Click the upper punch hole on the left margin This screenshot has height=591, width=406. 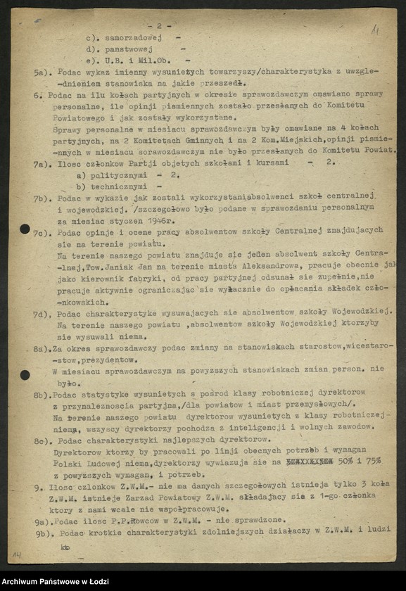pos(25,229)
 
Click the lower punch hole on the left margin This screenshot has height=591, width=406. pos(25,375)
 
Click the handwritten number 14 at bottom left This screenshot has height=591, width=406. pos(15,556)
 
